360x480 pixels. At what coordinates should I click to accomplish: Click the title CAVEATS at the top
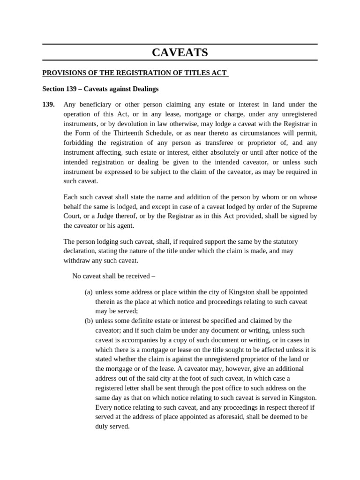(x=180, y=52)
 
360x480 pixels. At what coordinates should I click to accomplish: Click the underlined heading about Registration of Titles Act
(x=135, y=73)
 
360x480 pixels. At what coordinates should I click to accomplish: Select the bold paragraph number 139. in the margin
(x=48, y=105)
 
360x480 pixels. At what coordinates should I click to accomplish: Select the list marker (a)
(x=89, y=292)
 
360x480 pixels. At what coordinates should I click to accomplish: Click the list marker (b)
(x=89, y=321)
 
